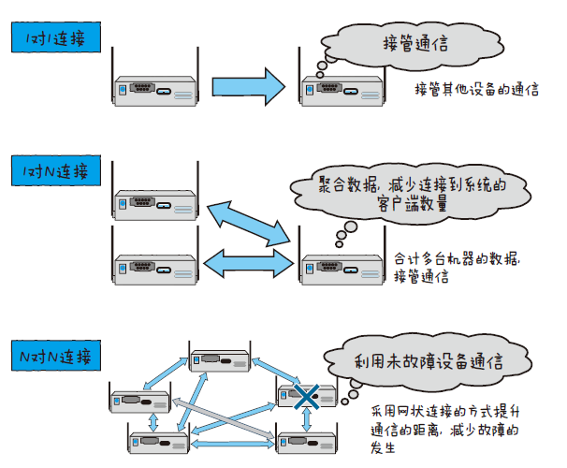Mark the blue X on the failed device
[x=304, y=397]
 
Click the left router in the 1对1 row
[x=155, y=89]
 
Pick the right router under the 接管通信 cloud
[x=342, y=89]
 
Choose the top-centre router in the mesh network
[x=223, y=360]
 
